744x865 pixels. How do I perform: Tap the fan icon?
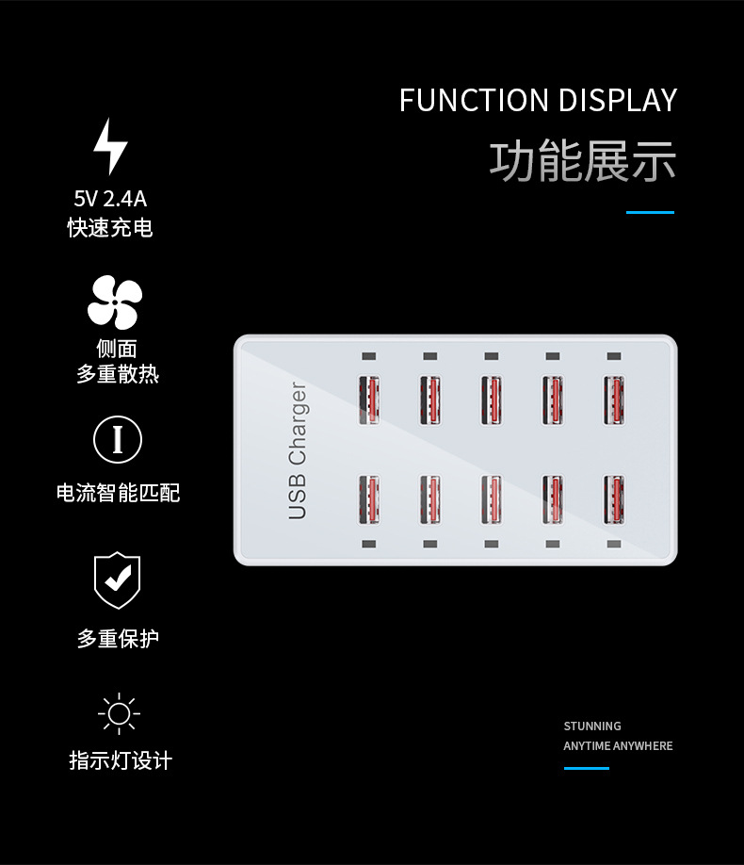coord(115,302)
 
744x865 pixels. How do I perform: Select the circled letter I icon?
coord(118,439)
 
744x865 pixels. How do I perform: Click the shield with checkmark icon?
coord(117,579)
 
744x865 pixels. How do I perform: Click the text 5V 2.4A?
coord(110,199)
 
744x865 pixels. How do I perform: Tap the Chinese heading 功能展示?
coord(582,160)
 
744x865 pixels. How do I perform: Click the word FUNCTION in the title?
coord(474,100)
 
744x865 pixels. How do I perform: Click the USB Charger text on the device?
coord(298,449)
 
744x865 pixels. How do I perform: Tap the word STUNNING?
coord(592,726)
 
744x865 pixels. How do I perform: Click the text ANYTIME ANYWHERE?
coord(618,746)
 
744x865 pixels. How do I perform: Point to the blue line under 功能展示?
coord(650,213)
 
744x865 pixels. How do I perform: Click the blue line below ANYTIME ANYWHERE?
coord(587,768)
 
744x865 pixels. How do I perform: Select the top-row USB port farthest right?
coord(614,400)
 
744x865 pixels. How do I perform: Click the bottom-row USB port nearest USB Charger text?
coord(368,498)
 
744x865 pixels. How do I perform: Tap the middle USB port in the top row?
coord(491,400)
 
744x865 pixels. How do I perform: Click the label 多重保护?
coord(118,639)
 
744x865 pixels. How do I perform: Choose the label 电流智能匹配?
coord(118,493)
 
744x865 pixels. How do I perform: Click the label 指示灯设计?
coord(121,760)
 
